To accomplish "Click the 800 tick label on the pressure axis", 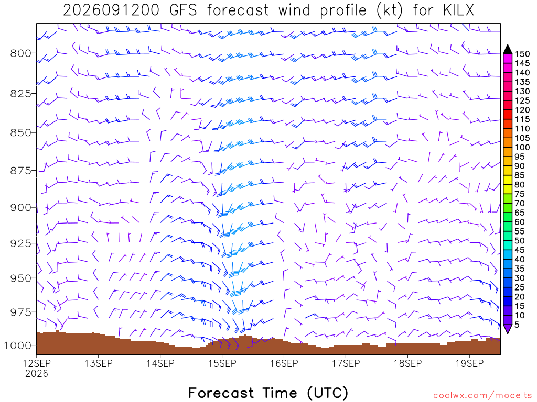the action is tap(20, 53).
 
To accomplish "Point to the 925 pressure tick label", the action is tap(20, 243).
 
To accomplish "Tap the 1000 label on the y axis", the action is tap(17, 345).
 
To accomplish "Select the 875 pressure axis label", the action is tap(20, 171).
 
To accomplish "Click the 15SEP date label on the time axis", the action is tap(222, 363).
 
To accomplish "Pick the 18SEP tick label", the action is tap(408, 363).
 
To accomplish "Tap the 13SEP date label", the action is tap(99, 363).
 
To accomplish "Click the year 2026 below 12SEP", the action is tap(37, 373).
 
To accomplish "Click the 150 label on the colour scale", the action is tap(522, 54).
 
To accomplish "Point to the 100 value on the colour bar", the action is tap(522, 147).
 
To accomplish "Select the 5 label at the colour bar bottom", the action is tap(517, 325).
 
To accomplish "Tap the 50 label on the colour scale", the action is tap(520, 241).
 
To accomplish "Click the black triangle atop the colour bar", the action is tap(508, 50).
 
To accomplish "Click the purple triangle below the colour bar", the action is tap(508, 329).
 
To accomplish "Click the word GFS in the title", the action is tap(183, 10).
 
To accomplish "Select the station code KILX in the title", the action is tap(458, 10).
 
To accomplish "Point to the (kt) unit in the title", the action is tap(390, 10).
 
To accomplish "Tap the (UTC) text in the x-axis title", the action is tap(328, 393).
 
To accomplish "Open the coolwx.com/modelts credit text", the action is tap(482, 396).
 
